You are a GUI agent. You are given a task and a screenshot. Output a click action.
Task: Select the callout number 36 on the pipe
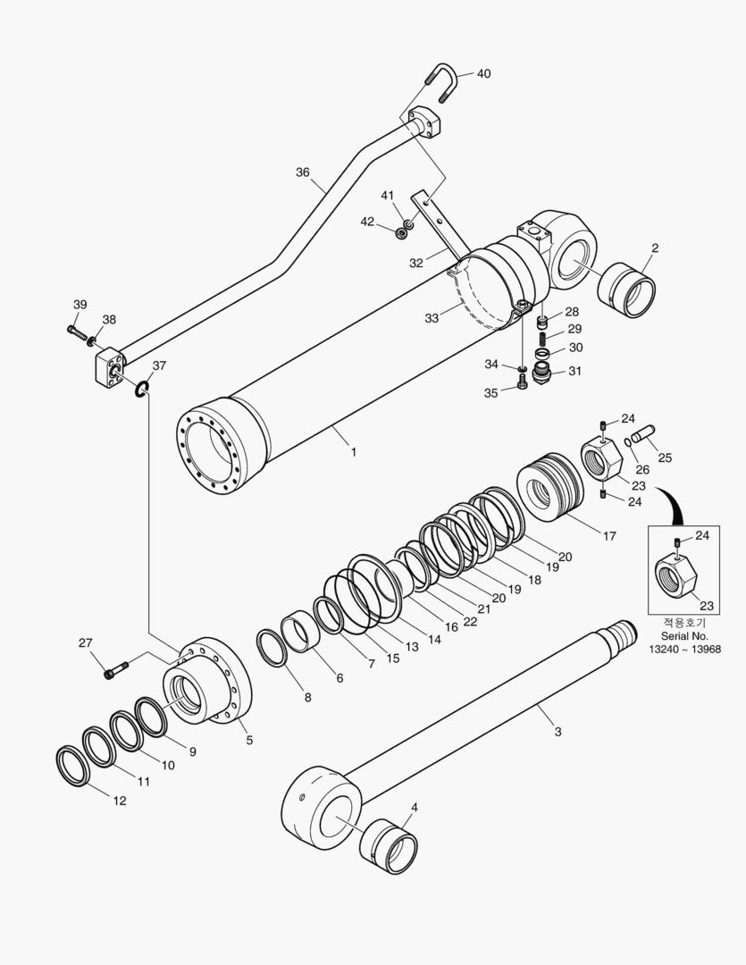(303, 172)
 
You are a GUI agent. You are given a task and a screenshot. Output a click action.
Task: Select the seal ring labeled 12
(72, 767)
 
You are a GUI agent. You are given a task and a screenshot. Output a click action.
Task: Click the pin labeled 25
(643, 438)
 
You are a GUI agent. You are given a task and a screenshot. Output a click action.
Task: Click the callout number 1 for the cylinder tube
(353, 452)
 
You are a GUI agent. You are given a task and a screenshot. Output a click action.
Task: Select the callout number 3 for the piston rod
(558, 732)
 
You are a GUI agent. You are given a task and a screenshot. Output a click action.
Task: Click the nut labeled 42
(402, 233)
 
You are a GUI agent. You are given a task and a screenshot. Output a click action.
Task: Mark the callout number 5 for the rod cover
(249, 740)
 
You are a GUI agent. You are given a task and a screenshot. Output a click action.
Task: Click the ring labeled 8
(272, 648)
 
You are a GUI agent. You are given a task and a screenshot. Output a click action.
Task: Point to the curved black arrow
(672, 503)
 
